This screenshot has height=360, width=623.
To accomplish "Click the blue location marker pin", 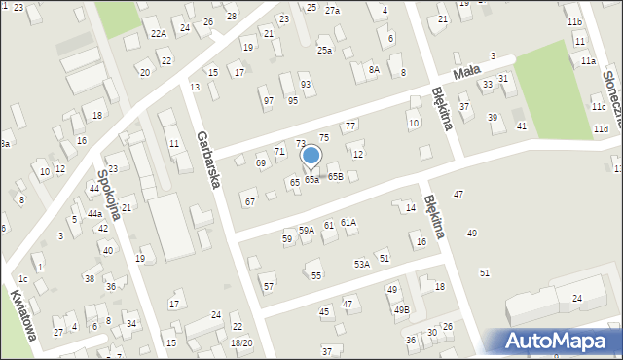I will (x=311, y=157).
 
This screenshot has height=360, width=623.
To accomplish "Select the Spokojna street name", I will (x=109, y=195).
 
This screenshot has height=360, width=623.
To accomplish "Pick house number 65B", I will (x=335, y=176).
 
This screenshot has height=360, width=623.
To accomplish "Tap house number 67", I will (x=250, y=201).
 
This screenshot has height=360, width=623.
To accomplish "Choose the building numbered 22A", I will (x=158, y=33).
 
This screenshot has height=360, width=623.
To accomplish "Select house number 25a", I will (x=324, y=51).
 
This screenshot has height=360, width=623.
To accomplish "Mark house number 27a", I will (x=332, y=10).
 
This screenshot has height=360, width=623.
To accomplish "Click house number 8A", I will (x=374, y=69).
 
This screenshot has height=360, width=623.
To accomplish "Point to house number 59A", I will (x=306, y=230).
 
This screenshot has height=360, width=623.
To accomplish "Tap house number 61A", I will (x=348, y=223).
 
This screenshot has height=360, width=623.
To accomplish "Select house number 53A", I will (x=361, y=264).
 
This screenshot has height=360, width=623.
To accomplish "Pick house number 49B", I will (x=401, y=309).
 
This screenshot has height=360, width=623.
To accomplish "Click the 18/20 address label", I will (x=241, y=342).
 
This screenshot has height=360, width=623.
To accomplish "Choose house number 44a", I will (x=94, y=213).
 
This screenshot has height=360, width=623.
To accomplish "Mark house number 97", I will (x=268, y=100).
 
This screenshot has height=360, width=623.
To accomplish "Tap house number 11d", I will (x=601, y=128).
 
